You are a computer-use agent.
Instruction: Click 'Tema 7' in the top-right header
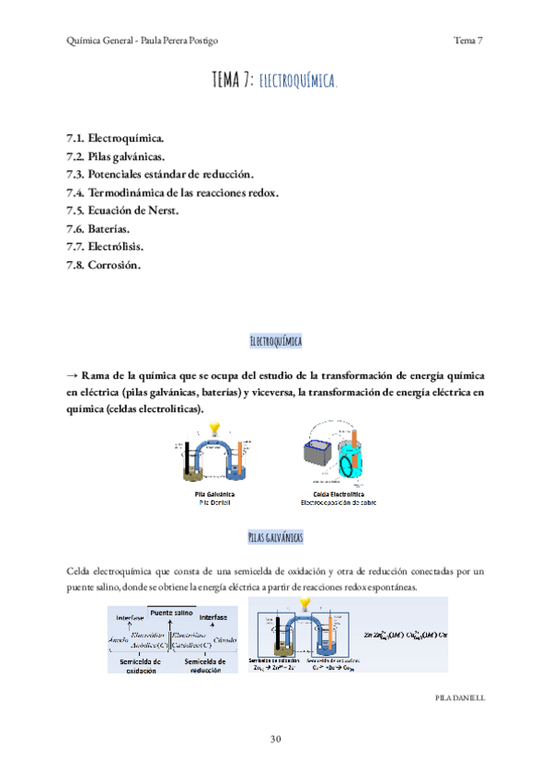(468, 40)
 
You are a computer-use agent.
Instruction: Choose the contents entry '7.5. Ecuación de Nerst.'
(120, 211)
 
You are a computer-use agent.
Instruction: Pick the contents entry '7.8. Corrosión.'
(103, 265)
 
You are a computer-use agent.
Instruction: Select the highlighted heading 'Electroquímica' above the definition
(276, 341)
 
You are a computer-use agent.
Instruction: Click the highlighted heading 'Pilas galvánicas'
(276, 536)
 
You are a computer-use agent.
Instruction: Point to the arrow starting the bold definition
(73, 376)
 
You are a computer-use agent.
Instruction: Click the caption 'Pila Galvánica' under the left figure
(212, 495)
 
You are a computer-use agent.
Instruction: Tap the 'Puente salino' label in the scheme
(172, 612)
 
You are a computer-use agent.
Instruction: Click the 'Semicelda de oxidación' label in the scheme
(141, 665)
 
